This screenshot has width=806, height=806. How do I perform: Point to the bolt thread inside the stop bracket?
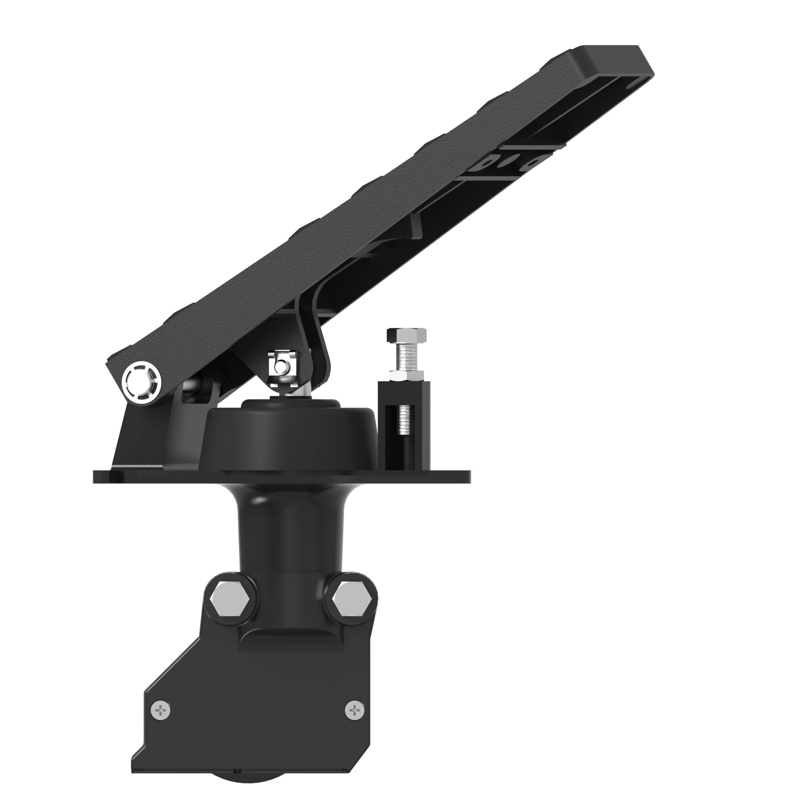pos(404,419)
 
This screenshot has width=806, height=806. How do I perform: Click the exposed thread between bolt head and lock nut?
pos(407,355)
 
